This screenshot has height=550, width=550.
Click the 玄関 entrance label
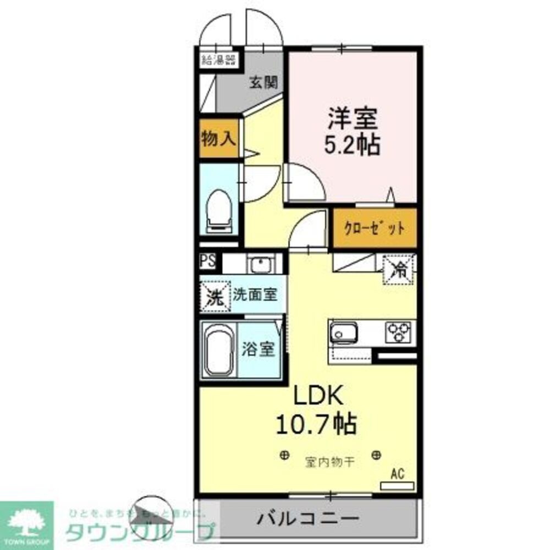pos(263,82)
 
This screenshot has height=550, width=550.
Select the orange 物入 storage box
pos(219,139)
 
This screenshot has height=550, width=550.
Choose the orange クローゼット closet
pos(375,228)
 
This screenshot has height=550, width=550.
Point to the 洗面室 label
pos(254,295)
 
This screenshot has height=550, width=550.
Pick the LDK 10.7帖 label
pos(318,409)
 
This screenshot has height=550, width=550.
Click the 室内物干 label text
pos(329,462)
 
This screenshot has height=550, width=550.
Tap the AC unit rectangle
pos(397,486)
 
